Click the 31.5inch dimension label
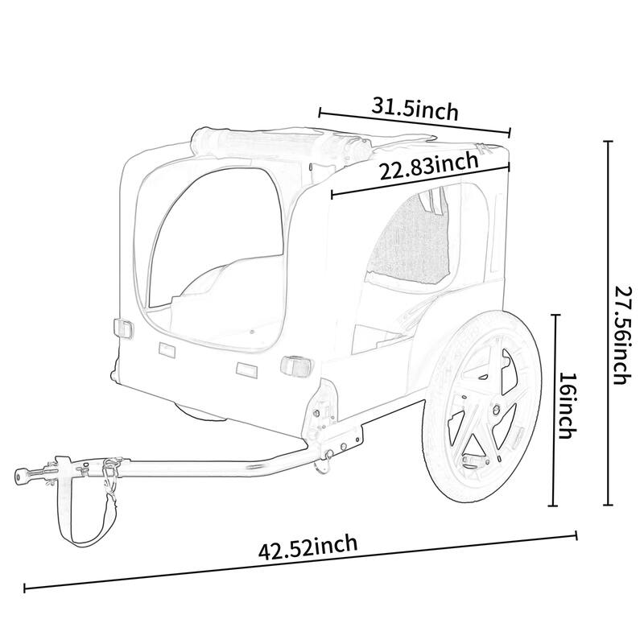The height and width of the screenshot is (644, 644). (415, 108)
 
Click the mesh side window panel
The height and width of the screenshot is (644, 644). (411, 242)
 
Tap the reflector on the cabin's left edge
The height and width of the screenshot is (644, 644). (122, 328)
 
